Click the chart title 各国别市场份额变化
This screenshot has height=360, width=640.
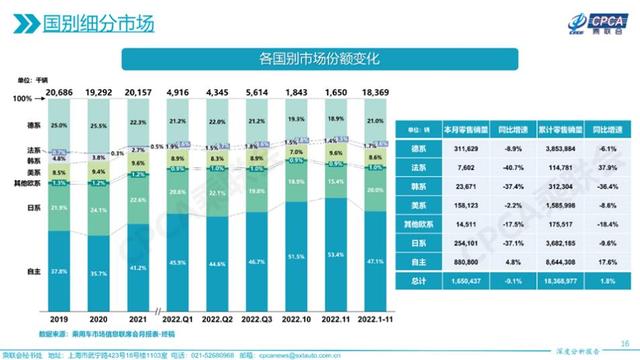pyautogui.click(x=319, y=59)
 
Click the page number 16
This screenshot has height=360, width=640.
pyautogui.click(x=623, y=338)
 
